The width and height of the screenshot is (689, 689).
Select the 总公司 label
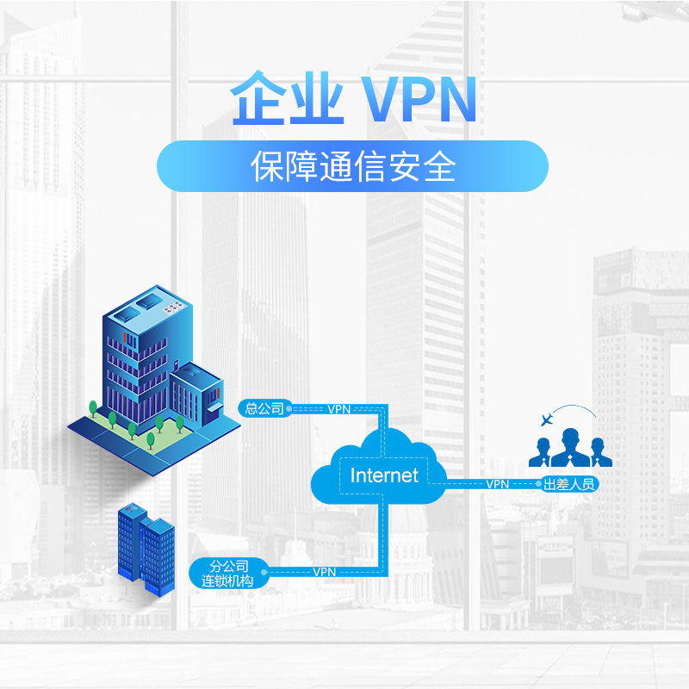point(263,408)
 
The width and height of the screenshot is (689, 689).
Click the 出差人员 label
point(569,484)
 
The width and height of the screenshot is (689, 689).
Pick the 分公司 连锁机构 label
point(229,572)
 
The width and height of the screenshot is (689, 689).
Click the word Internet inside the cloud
point(384,475)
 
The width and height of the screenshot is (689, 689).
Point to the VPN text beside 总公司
point(339,409)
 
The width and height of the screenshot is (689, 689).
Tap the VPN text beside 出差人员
point(497,484)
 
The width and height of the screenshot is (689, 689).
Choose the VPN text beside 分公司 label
point(324,572)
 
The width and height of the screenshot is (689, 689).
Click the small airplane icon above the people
point(544,420)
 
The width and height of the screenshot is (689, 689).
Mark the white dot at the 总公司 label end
point(289,408)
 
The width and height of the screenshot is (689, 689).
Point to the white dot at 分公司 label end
point(274,571)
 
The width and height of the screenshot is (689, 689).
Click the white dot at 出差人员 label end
point(541,484)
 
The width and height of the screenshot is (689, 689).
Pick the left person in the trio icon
point(541,453)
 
